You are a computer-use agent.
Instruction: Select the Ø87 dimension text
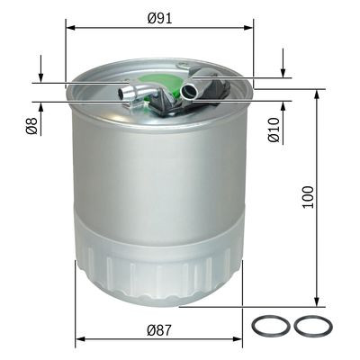(159, 331)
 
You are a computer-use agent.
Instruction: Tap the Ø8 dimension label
(31, 125)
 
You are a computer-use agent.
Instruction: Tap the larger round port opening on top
(190, 90)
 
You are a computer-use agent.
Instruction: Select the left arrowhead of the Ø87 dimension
(78, 341)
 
